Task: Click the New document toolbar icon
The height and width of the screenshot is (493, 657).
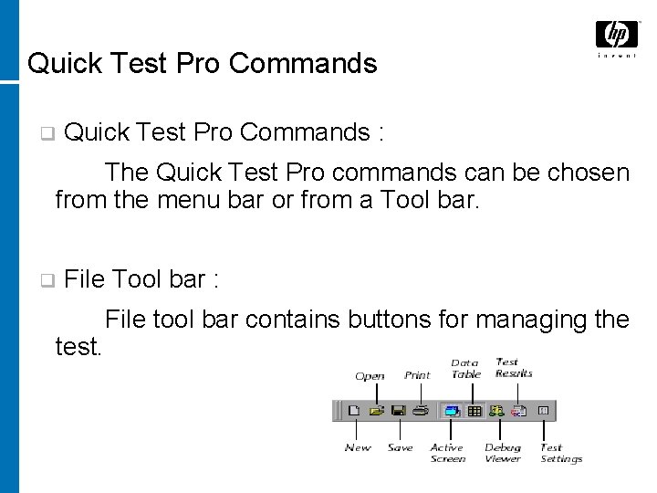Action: [x=354, y=412]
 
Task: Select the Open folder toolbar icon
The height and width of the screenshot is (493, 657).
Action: [x=377, y=412]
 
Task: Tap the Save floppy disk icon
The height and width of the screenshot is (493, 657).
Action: [x=399, y=412]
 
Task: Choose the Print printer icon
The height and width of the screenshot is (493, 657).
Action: [x=421, y=412]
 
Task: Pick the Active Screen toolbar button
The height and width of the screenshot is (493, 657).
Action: [x=451, y=412]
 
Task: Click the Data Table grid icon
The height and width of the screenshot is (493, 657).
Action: [x=474, y=412]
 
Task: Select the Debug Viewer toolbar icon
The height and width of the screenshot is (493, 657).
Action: [x=498, y=412]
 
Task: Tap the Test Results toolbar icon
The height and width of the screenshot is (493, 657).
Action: [x=519, y=412]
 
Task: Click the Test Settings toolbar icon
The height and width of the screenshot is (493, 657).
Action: [x=543, y=412]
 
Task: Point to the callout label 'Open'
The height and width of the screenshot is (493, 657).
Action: [x=370, y=376]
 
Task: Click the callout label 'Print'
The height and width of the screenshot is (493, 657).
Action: [x=417, y=375]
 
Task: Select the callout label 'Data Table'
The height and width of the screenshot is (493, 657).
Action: [x=465, y=369]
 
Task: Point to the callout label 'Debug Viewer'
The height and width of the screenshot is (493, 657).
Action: [x=503, y=453]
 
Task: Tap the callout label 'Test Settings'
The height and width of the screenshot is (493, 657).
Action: [x=560, y=453]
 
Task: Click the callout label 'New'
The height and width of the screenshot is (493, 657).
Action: [x=358, y=447]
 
